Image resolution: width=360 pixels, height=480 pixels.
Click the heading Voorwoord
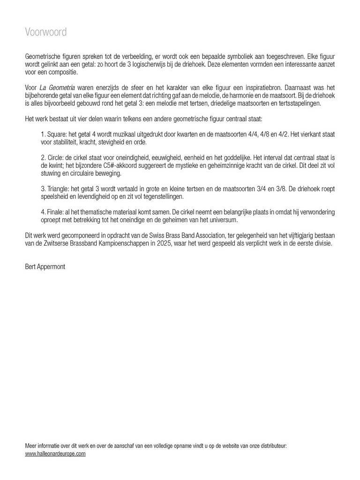point(45,32)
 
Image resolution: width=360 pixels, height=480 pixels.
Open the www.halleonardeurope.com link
point(55,454)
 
